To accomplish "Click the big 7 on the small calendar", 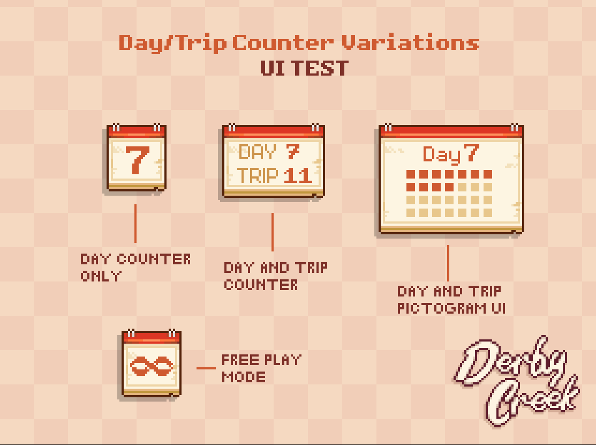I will tap(137, 160).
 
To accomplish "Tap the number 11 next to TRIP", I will tap(298, 175).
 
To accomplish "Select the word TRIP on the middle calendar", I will tap(258, 175).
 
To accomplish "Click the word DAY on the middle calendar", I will tap(258, 152).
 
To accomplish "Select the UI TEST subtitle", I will tap(304, 69).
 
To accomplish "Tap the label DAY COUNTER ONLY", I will tap(135, 267).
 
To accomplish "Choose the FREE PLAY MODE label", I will tap(261, 368).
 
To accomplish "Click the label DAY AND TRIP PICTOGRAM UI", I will tap(451, 300).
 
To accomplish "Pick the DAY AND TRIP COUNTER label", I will tap(275, 276).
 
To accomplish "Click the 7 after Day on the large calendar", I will tap(471, 154).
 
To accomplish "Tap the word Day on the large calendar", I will tap(442, 155).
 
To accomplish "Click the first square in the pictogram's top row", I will tap(411, 174).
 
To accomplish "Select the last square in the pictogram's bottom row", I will tap(488, 213).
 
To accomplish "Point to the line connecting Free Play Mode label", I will tap(206, 368).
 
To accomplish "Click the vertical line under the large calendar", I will tap(448, 263).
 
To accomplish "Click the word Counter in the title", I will tap(284, 42).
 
